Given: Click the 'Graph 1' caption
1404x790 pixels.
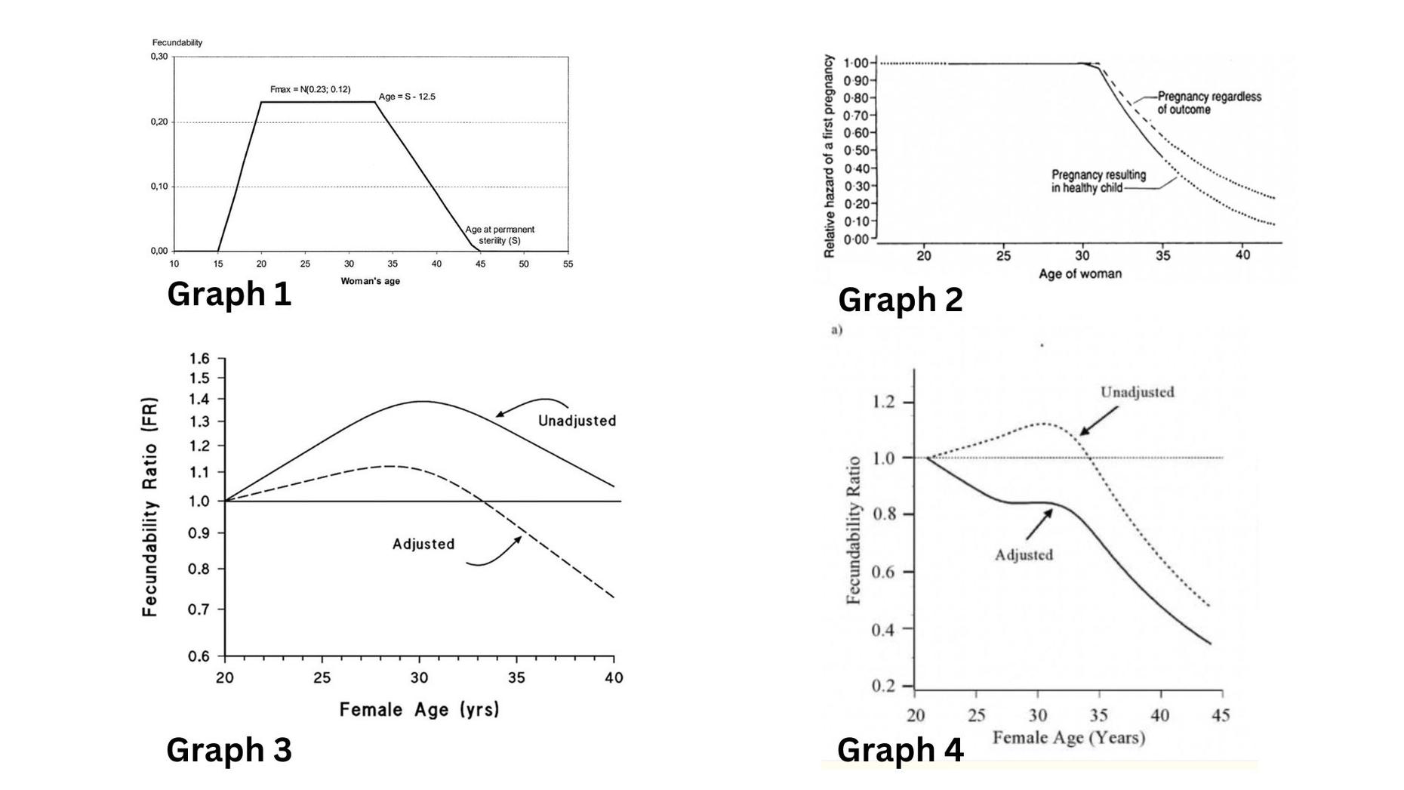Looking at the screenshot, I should (x=229, y=294).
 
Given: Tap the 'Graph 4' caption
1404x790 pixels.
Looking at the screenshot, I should (x=900, y=750).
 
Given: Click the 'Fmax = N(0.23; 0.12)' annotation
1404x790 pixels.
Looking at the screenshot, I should (x=310, y=90).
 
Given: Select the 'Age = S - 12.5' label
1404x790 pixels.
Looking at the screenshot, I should (x=407, y=97).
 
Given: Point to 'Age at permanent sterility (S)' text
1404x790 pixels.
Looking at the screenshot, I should (x=500, y=235).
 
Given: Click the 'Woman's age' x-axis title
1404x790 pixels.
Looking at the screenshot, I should (x=370, y=281).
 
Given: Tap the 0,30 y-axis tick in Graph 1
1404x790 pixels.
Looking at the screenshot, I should (x=159, y=57).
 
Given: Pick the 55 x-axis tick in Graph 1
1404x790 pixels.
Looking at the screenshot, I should (x=568, y=264).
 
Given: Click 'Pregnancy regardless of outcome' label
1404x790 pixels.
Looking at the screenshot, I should (x=1209, y=103).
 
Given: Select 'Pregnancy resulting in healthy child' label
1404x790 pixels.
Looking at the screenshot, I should (x=1098, y=181).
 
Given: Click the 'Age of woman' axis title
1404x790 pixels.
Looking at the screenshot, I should (x=1079, y=273).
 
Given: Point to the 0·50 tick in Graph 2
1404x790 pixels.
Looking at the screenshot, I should (x=855, y=150).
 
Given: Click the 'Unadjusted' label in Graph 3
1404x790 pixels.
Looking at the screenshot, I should (x=577, y=421).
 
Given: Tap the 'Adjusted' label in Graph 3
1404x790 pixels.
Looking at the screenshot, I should (x=423, y=544).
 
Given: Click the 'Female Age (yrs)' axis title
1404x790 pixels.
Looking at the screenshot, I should (x=419, y=709).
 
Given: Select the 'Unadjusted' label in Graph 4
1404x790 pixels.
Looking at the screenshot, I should (x=1137, y=392).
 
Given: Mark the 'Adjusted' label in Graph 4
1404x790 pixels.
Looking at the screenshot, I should (x=1024, y=554).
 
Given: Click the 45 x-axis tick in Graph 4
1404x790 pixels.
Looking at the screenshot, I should (x=1221, y=714).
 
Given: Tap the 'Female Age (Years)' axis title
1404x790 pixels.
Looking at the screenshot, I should (x=1068, y=737).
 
